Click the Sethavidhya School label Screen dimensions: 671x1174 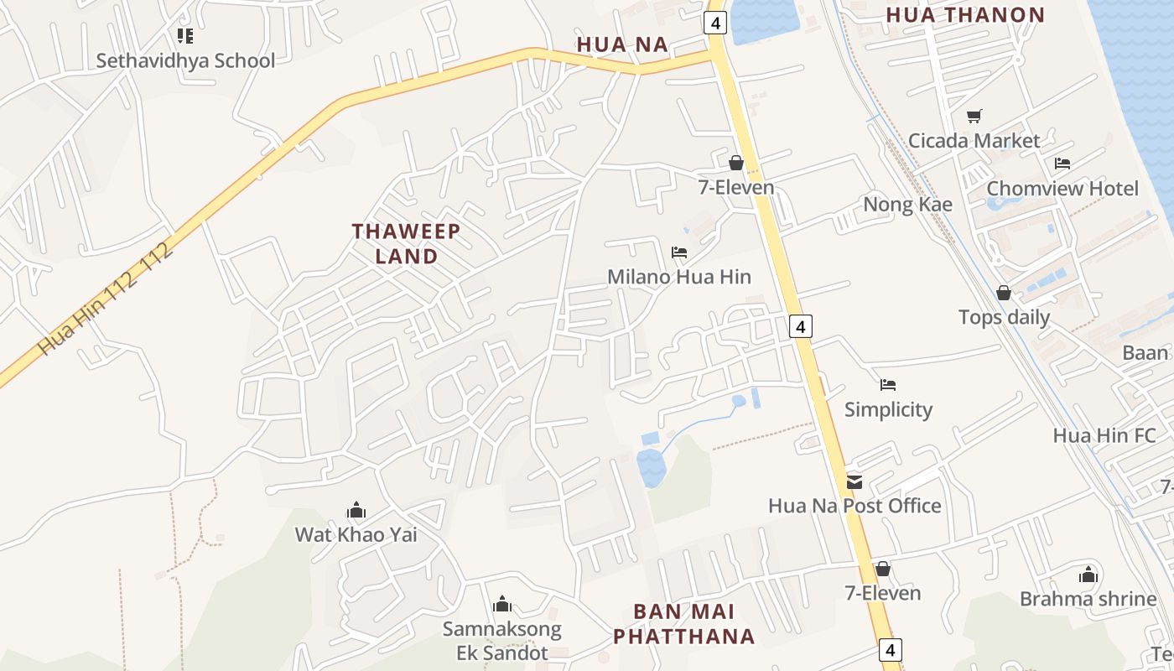click(x=185, y=60)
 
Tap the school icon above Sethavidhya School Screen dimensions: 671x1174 click(x=185, y=35)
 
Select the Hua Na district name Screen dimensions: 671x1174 click(x=622, y=44)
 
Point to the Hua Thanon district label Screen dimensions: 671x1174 click(x=965, y=15)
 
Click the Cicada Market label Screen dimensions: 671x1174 click(x=974, y=141)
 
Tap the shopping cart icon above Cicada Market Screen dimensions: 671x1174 click(x=974, y=116)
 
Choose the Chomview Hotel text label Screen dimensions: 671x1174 click(x=1062, y=188)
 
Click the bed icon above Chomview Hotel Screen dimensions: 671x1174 click(x=1062, y=163)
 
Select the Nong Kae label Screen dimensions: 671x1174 click(x=907, y=205)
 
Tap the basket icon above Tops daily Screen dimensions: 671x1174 click(x=1004, y=293)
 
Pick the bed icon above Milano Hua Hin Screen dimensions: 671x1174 click(x=679, y=252)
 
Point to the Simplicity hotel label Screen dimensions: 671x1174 click(x=888, y=409)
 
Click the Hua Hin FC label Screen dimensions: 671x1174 click(x=1104, y=435)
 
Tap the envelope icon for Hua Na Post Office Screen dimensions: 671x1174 click(x=855, y=481)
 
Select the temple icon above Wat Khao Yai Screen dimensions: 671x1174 click(x=356, y=510)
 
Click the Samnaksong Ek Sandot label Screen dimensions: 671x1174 click(x=502, y=641)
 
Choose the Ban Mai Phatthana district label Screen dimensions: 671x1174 click(x=684, y=623)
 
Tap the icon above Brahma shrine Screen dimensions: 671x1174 click(x=1088, y=575)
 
